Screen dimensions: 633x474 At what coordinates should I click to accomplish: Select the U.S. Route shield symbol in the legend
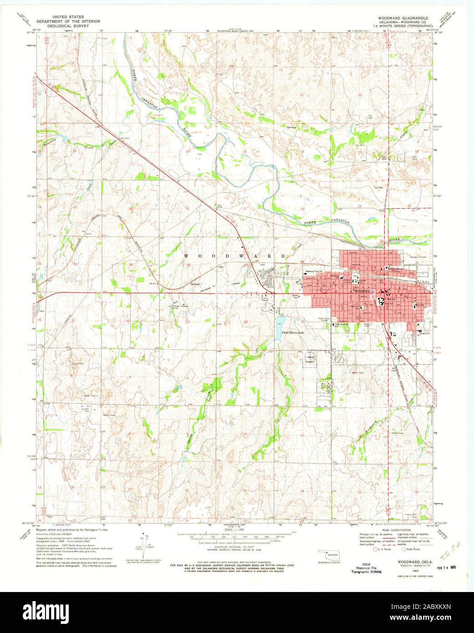coord(375,549)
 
